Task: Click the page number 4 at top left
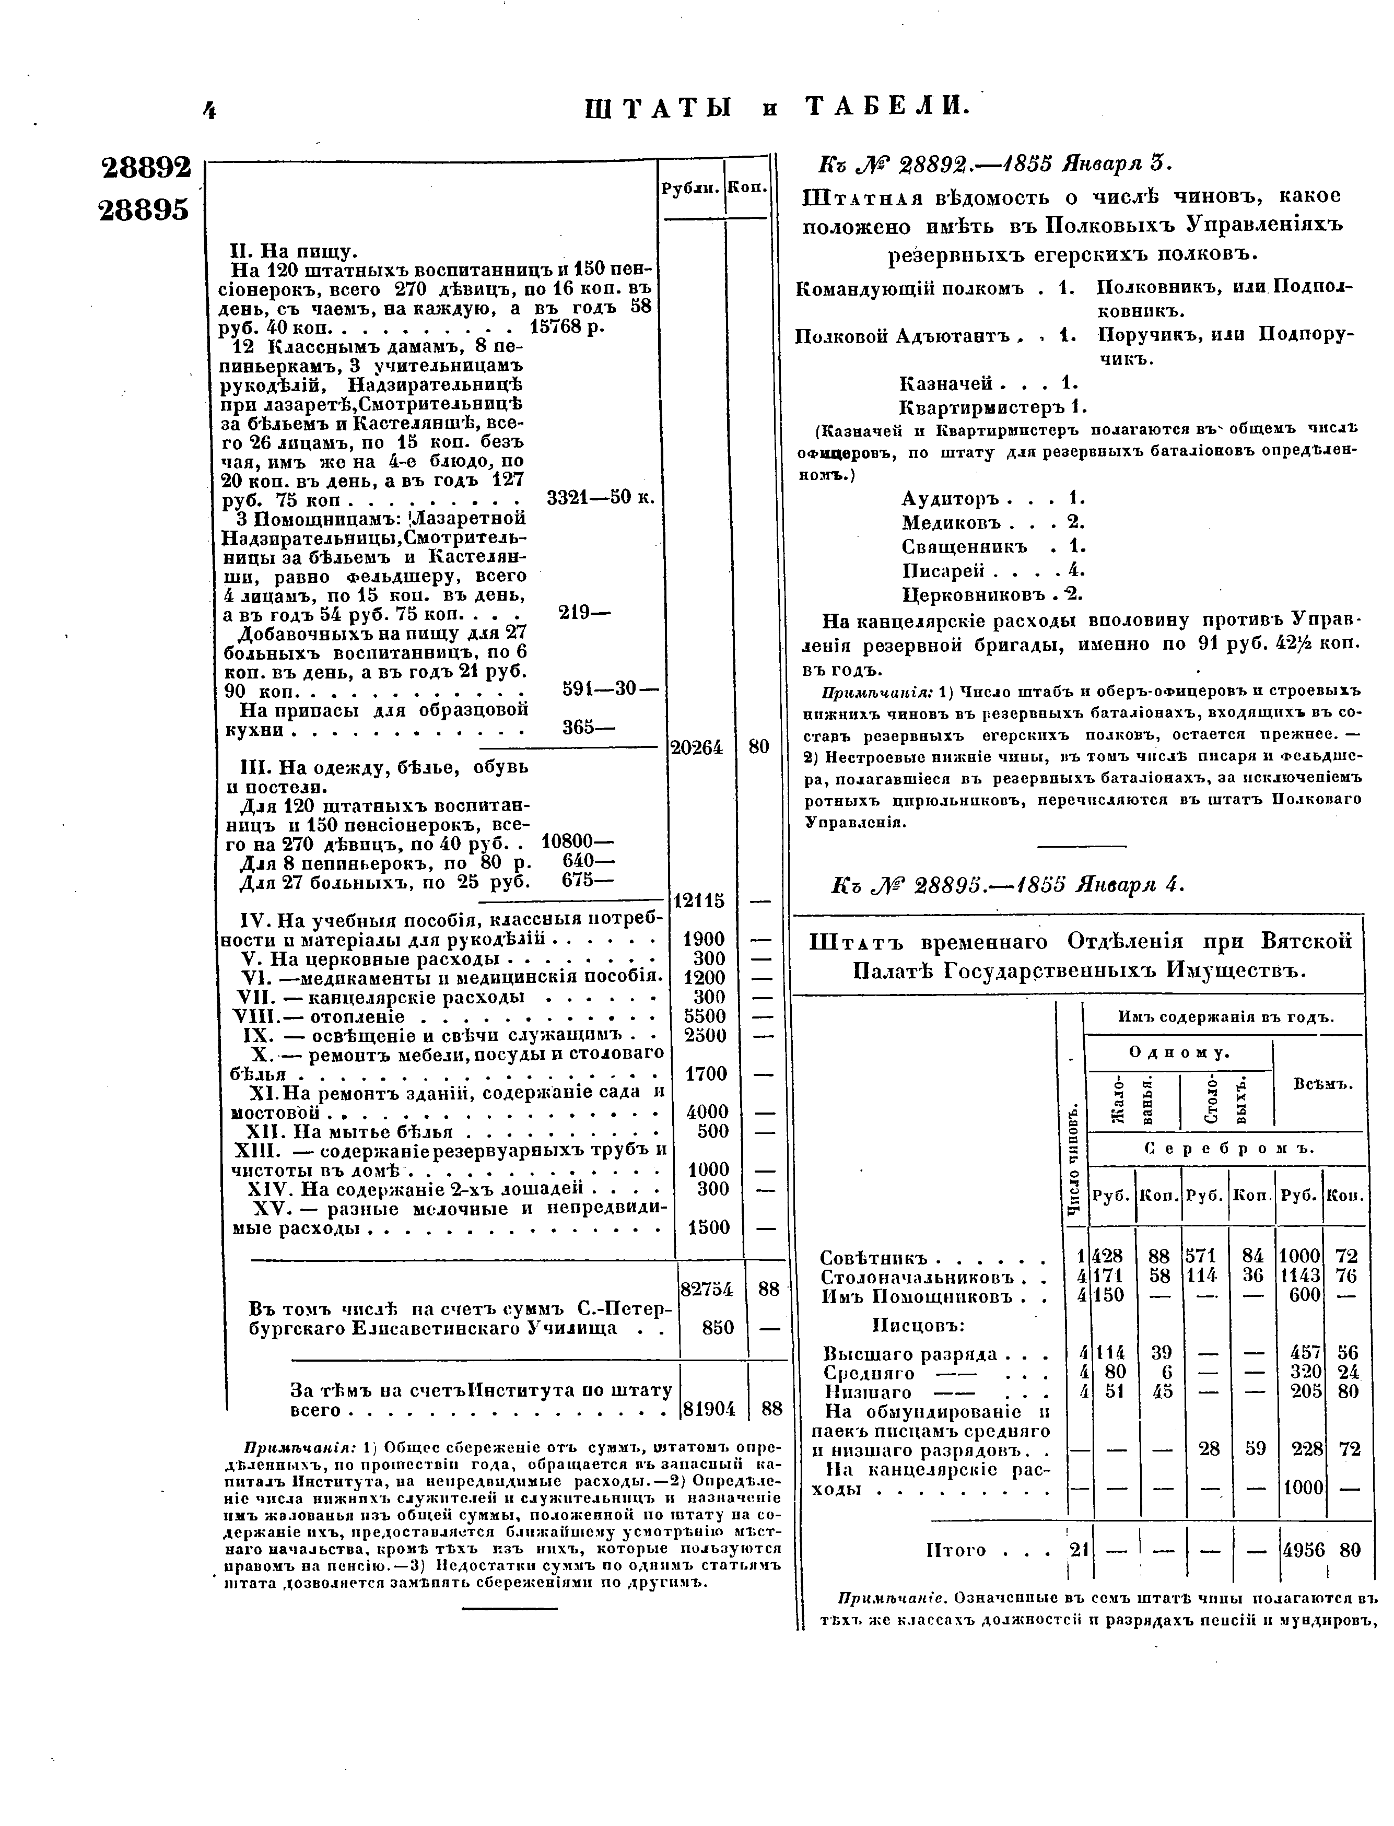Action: click(x=209, y=110)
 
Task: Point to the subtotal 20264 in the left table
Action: click(x=697, y=747)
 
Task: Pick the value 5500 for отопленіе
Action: click(x=705, y=1016)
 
